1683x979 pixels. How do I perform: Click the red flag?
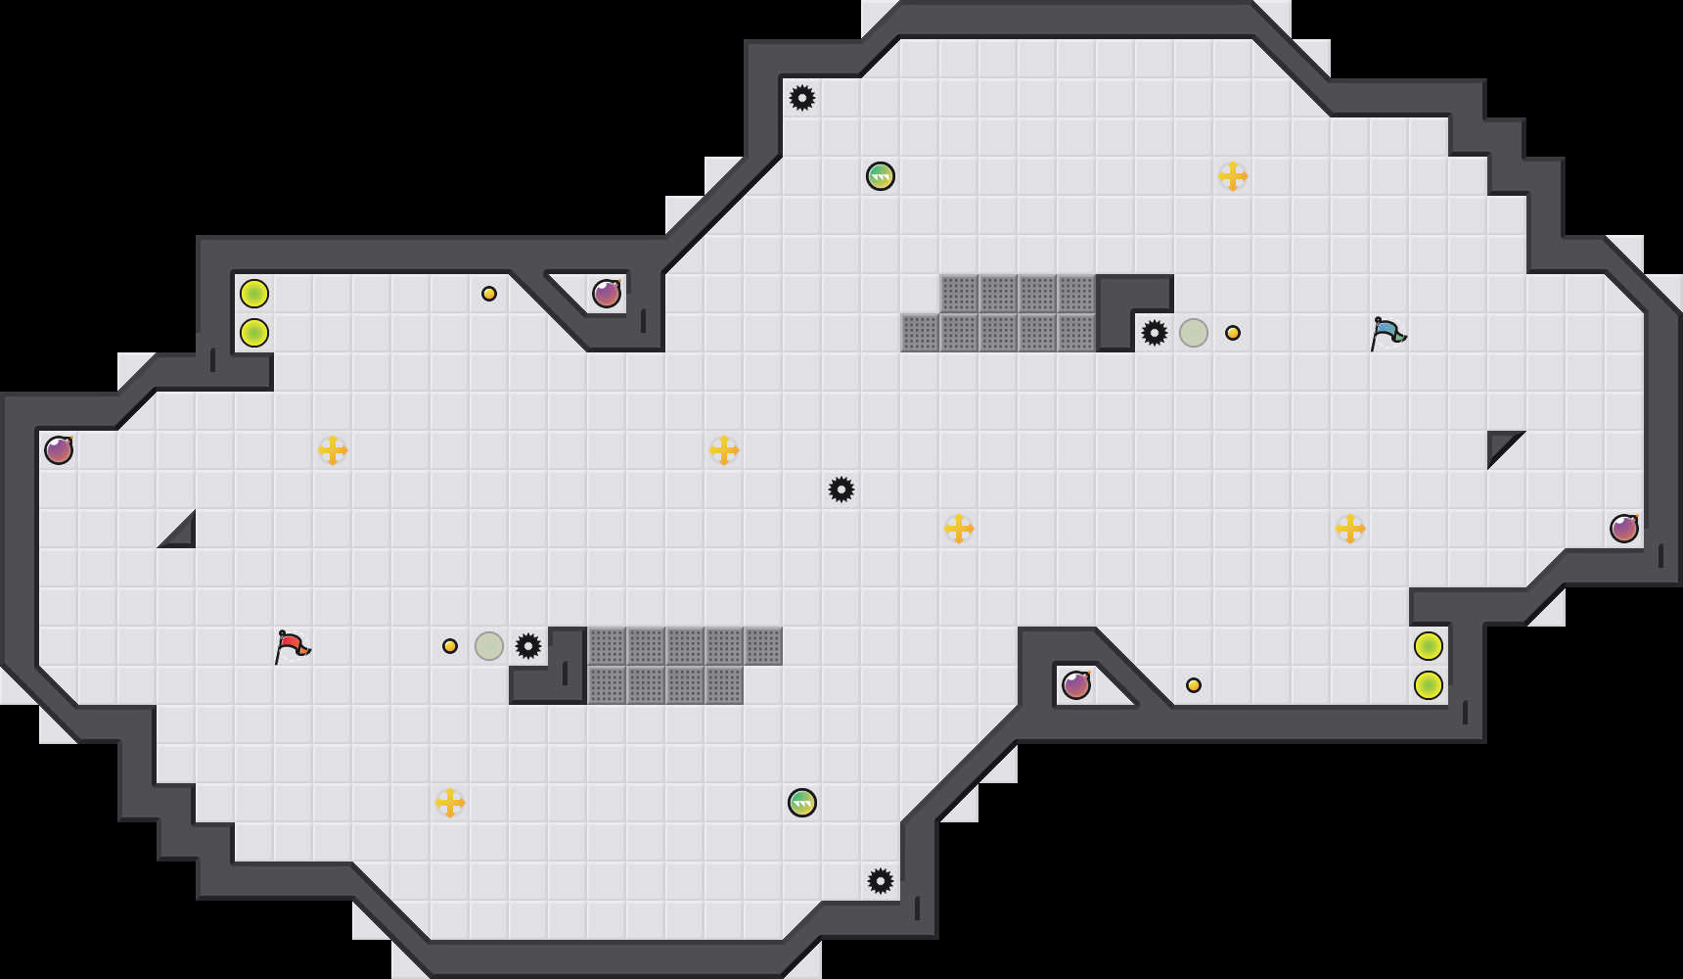292,646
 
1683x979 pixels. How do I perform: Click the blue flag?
1387,333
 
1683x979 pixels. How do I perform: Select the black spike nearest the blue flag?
1155,333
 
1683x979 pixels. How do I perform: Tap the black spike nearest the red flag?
528,646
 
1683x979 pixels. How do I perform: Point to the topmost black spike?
802,98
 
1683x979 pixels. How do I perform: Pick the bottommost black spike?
881,881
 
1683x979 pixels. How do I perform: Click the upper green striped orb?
881,176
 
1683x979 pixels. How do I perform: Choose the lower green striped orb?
802,803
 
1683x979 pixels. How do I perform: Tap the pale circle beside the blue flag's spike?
1194,333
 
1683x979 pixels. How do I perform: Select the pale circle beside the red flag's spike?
489,646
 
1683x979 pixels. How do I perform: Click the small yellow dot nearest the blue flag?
1233,333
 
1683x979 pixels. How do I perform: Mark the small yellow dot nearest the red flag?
450,646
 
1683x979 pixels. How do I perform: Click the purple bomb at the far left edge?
59,450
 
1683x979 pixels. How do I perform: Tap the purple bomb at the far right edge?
1624,529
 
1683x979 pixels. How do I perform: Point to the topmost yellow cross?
1233,176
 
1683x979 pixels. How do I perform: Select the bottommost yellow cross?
450,803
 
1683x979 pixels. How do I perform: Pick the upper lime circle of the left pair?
254,294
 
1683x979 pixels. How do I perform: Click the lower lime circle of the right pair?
1429,685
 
